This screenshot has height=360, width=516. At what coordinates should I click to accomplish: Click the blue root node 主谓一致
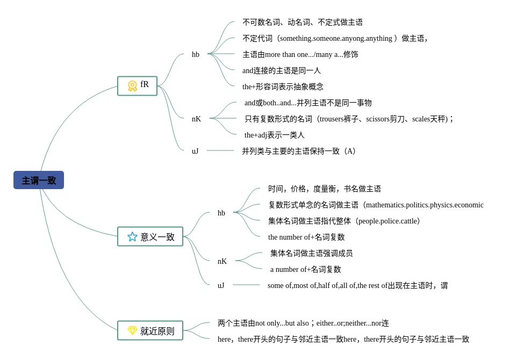tap(39, 181)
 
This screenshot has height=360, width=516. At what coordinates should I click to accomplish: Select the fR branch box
tap(137, 86)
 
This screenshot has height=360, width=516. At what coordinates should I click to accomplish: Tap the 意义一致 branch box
tap(150, 236)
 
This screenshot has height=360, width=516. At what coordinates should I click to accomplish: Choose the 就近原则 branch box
tap(150, 331)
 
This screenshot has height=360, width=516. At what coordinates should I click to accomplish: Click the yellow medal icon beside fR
tap(132, 86)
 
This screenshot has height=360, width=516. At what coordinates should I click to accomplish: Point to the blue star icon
tap(132, 236)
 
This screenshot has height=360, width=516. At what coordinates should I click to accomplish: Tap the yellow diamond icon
tap(132, 330)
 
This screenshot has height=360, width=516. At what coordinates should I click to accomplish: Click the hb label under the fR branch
tap(196, 54)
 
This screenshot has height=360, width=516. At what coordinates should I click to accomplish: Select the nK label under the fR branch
tap(196, 119)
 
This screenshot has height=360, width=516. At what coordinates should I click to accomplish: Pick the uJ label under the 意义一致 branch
tap(221, 285)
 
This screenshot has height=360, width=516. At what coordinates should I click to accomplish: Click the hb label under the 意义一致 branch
tap(221, 213)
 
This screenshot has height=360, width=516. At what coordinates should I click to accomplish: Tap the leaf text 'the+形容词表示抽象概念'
tap(283, 87)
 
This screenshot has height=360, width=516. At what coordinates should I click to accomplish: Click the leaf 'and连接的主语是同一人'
tap(281, 70)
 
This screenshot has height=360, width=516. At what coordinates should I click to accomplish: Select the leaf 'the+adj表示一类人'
tap(274, 135)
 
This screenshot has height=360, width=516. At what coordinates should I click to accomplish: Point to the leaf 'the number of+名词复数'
tap(306, 237)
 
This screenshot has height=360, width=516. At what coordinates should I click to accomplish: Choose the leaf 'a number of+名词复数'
tap(305, 269)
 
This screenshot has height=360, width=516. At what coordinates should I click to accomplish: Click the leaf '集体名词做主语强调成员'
tap(311, 253)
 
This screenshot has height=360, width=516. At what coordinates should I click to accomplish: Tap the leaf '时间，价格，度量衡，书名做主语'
tap(325, 189)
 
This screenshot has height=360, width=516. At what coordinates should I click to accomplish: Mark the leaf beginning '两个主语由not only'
tap(303, 323)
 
